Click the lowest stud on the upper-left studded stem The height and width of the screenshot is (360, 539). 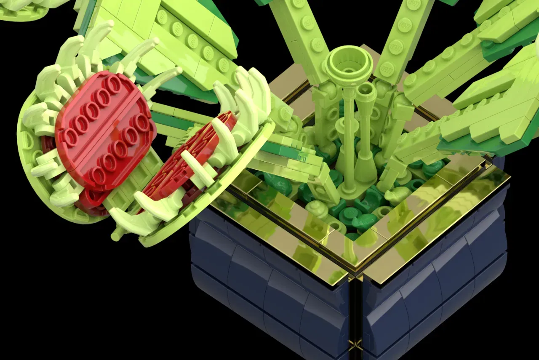[x=222, y=65]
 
